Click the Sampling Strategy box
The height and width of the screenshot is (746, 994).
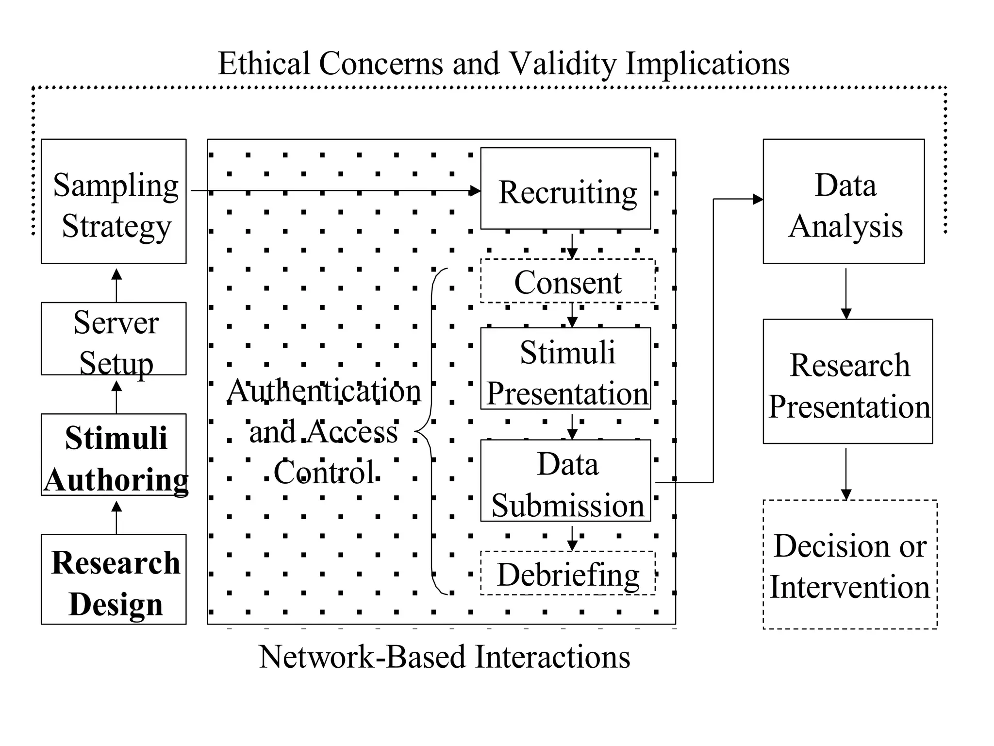click(x=114, y=202)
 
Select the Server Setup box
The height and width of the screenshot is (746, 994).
click(x=114, y=339)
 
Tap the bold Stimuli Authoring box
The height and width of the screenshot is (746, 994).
click(x=114, y=455)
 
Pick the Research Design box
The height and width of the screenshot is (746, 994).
click(x=114, y=579)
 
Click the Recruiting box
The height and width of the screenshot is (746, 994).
click(x=565, y=188)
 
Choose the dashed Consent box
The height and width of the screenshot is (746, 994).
click(x=567, y=281)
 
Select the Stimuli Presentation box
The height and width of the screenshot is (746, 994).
click(x=565, y=369)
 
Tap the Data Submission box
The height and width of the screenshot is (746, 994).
click(x=565, y=481)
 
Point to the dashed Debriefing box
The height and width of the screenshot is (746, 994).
click(x=567, y=573)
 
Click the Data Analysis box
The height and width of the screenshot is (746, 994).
click(x=844, y=202)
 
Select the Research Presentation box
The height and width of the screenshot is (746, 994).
click(x=847, y=381)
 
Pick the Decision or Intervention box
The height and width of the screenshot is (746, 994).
click(x=850, y=564)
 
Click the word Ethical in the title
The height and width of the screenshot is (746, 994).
click(x=264, y=64)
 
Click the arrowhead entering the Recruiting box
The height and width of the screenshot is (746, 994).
click(x=475, y=191)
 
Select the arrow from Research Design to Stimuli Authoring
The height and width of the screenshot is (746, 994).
click(x=116, y=517)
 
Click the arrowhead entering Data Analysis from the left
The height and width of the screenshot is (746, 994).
click(x=757, y=199)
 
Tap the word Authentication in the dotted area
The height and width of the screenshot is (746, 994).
click(x=324, y=391)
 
